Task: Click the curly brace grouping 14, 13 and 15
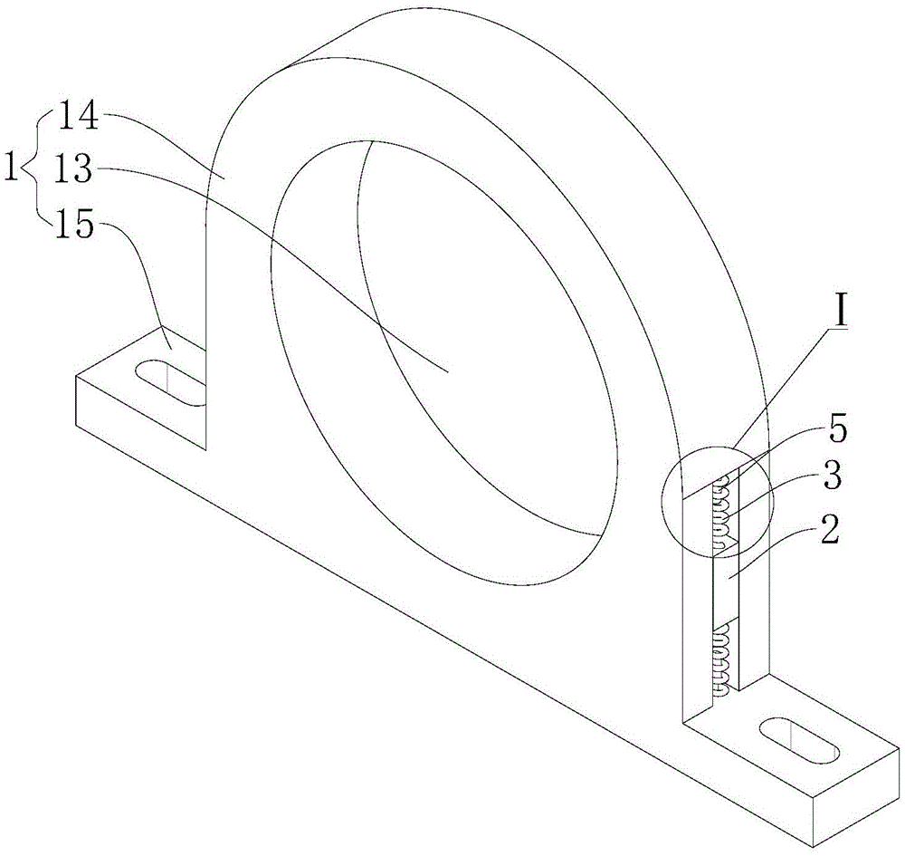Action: [37, 169]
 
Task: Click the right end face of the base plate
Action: [861, 798]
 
